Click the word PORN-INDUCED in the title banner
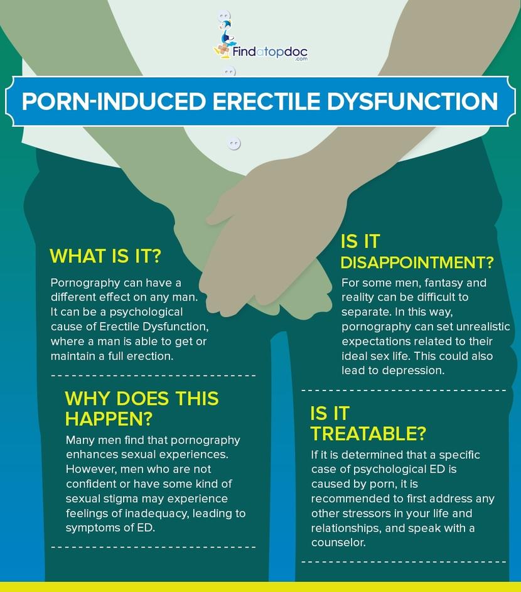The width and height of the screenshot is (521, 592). pyautogui.click(x=113, y=101)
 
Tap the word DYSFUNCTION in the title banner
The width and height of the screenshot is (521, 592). pyautogui.click(x=412, y=101)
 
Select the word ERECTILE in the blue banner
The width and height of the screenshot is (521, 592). pyautogui.click(x=266, y=101)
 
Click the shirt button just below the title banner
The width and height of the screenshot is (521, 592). pyautogui.click(x=234, y=144)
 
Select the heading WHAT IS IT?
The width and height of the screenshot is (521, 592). pyautogui.click(x=105, y=256)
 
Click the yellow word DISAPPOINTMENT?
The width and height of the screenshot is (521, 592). pyautogui.click(x=417, y=262)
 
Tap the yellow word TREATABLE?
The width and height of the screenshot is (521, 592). pyautogui.click(x=368, y=434)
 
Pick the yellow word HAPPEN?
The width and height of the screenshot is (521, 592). pyautogui.click(x=109, y=419)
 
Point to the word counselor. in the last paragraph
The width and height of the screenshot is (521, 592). pyautogui.click(x=339, y=542)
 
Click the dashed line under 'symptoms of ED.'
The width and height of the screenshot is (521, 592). pyautogui.click(x=153, y=547)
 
